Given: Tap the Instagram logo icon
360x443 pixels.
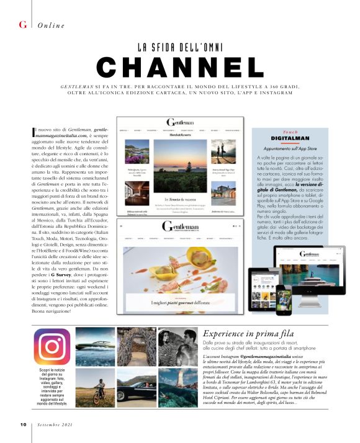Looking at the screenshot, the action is tap(52, 347).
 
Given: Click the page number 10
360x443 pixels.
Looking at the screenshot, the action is tap(22, 425).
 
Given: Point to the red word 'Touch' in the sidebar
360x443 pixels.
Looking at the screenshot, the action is tap(290, 132).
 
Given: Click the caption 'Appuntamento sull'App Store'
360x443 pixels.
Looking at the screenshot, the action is tap(290, 148).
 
